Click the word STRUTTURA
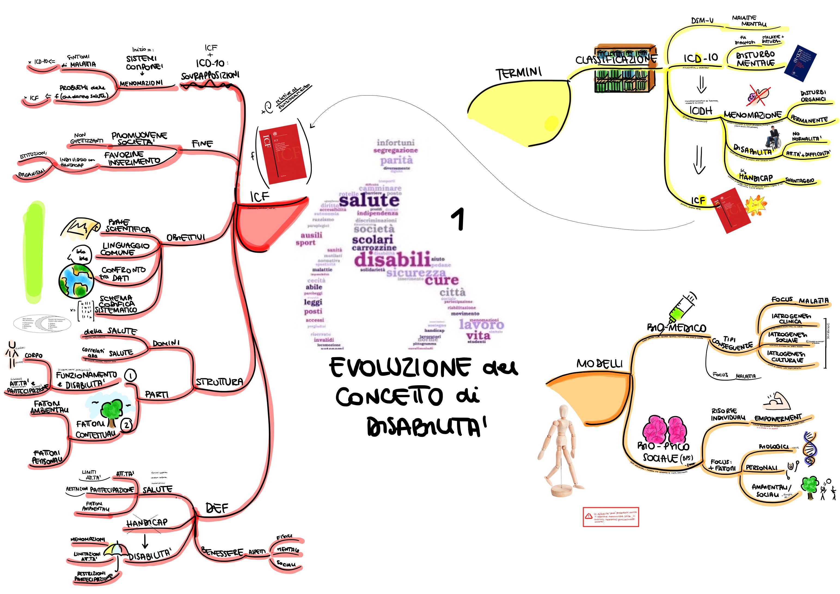coord(219,382)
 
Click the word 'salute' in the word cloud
coord(369,200)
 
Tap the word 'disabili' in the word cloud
coord(392,259)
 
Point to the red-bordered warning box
coord(611,516)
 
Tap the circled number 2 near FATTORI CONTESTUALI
coord(127,425)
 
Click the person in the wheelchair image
coord(773,138)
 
